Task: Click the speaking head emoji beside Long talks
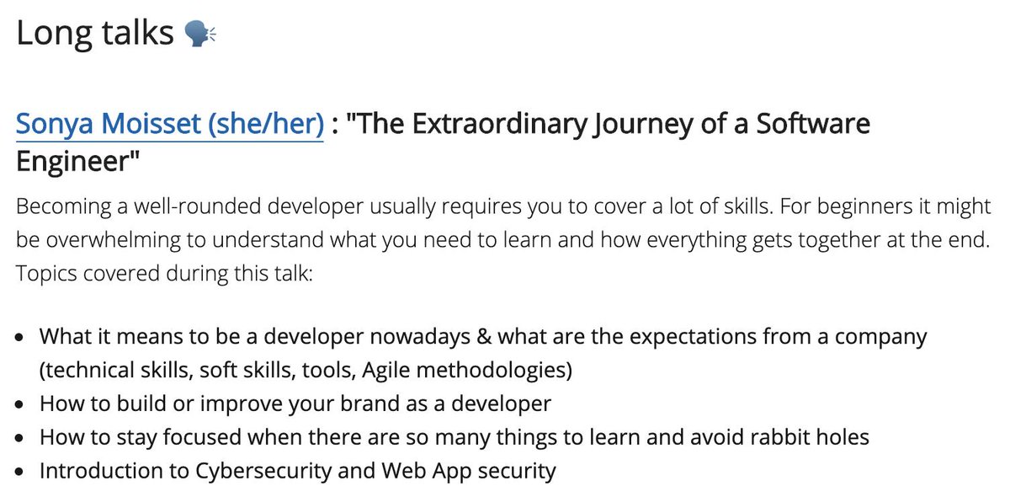[200, 34]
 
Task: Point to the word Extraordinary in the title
[494, 125]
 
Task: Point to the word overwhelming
[124, 241]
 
